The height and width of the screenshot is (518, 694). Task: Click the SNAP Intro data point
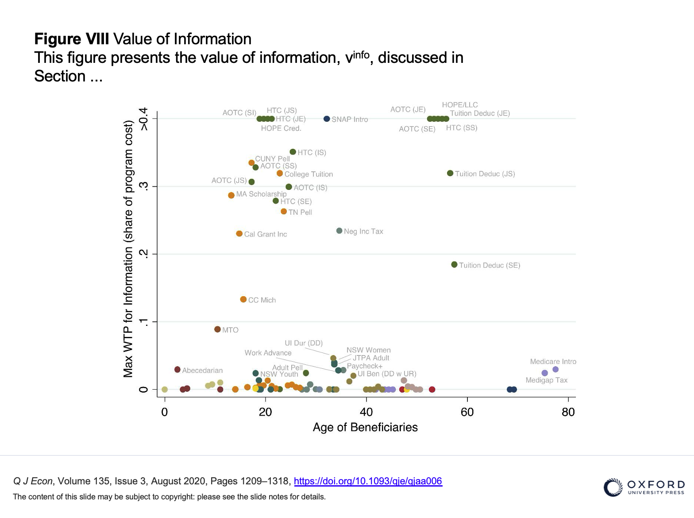tap(327, 119)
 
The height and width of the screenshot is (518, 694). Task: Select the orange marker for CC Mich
tap(243, 299)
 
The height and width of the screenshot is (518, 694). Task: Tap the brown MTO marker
tap(217, 329)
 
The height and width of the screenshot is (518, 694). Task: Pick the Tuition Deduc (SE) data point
tap(454, 265)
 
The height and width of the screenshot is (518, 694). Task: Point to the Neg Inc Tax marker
tap(339, 231)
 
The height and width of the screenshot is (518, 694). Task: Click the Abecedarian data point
tap(177, 370)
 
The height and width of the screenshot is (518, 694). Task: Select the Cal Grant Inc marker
tap(239, 234)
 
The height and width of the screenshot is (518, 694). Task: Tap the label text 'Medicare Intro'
tap(553, 362)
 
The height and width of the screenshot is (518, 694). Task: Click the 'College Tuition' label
tap(308, 174)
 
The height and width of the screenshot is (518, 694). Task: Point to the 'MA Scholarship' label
tap(261, 194)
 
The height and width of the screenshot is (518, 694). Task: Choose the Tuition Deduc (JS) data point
tap(450, 173)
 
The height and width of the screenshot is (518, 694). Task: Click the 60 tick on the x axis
tap(467, 412)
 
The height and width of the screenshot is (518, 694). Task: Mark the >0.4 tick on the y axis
tap(143, 119)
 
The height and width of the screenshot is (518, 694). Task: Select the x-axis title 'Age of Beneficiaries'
tap(365, 427)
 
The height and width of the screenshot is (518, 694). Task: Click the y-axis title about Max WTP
tap(128, 248)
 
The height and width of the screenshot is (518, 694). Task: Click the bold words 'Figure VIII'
tap(72, 39)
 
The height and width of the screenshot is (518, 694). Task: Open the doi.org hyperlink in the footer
tap(368, 481)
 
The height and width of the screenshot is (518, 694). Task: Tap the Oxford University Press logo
tap(644, 487)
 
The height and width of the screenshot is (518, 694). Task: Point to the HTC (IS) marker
tap(293, 152)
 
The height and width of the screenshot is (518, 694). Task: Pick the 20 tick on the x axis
tap(265, 412)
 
